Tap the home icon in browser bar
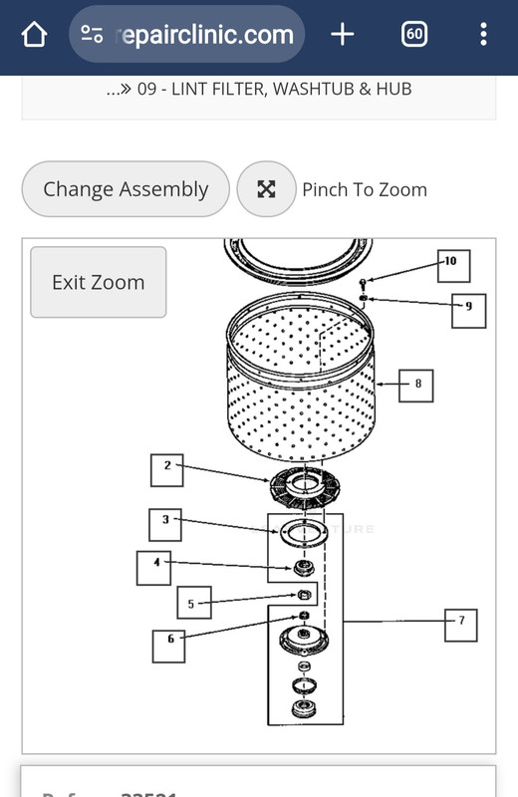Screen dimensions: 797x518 pos(34,35)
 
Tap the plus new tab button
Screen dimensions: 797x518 pos(342,35)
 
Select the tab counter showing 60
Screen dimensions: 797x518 pos(414,35)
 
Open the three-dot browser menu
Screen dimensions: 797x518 pos(483,35)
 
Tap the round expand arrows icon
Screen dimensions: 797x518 pos(266,189)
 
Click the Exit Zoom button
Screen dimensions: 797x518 pos(98,283)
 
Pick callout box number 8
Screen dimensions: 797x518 pos(417,384)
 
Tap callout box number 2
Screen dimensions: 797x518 pos(167,468)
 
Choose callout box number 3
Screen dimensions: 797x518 pos(165,522)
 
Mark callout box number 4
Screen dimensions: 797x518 pos(154,567)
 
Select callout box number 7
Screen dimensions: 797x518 pos(460,624)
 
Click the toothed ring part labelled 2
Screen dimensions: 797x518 pos(304,488)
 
